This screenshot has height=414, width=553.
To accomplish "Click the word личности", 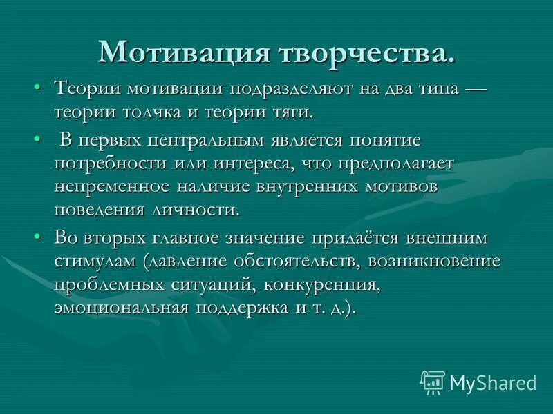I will point(206,210).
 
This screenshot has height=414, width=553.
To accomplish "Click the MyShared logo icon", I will point(433,382).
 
